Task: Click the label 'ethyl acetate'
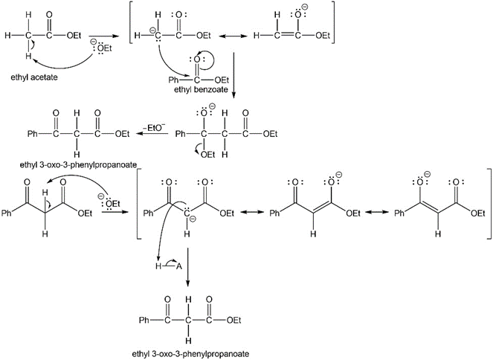point(33,76)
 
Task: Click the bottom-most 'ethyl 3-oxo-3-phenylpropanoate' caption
point(187,353)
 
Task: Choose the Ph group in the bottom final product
point(146,321)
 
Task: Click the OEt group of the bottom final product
point(233,321)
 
